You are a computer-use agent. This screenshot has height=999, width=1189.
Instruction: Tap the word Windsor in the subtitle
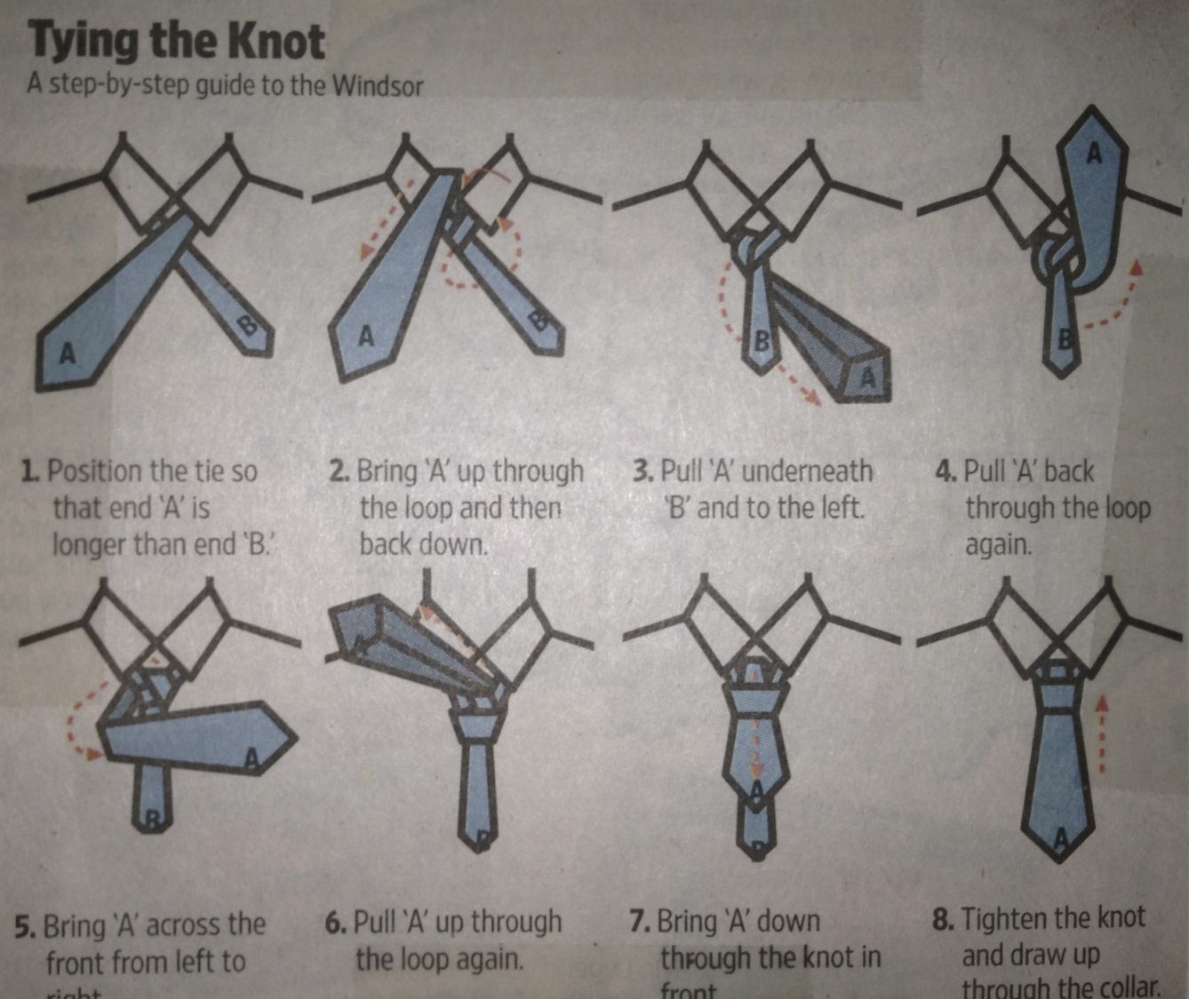click(377, 86)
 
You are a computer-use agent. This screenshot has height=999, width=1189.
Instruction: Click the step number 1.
click(29, 471)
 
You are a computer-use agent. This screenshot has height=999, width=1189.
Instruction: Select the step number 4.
click(944, 471)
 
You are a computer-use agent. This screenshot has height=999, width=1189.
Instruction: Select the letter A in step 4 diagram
click(1094, 154)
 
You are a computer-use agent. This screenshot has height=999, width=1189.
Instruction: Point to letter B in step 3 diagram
click(762, 341)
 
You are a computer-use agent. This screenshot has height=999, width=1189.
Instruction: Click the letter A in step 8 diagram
click(1060, 837)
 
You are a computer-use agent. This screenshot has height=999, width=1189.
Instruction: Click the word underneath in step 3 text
click(807, 471)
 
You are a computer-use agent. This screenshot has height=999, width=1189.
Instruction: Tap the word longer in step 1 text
click(89, 543)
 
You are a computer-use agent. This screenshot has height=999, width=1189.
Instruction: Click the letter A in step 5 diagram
click(251, 757)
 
